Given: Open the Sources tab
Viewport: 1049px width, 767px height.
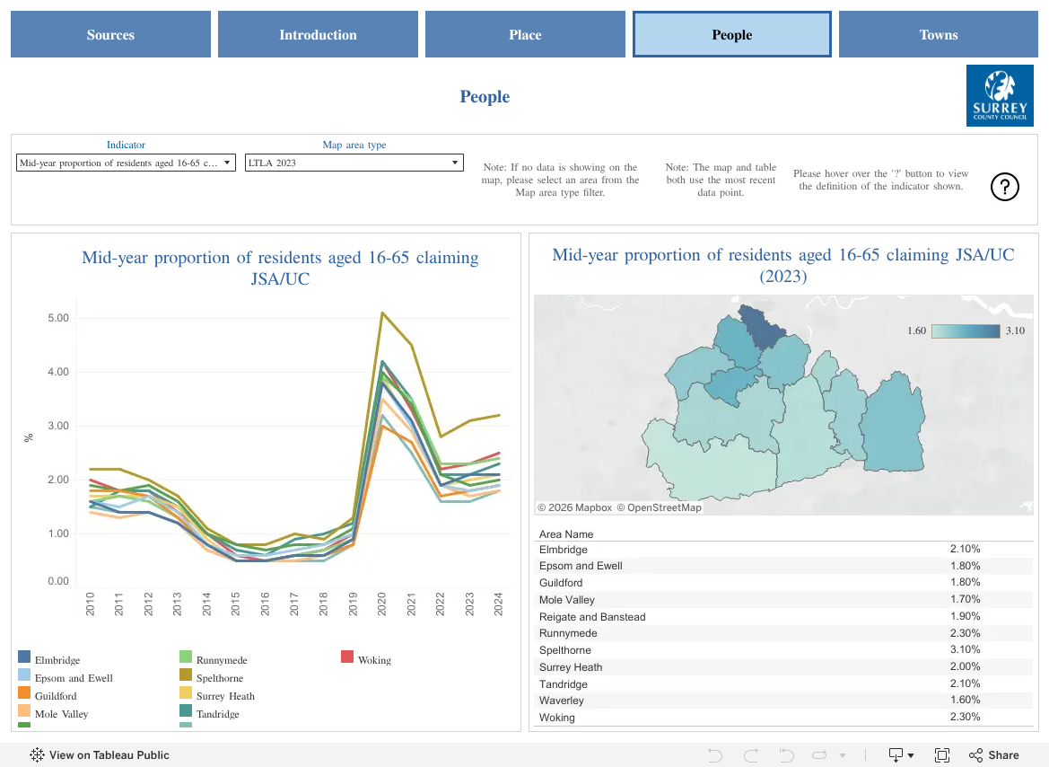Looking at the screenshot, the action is pos(110,34).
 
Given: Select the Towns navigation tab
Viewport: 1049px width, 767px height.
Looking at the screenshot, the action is pos(938,34).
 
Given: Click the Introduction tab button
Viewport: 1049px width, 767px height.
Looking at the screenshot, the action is pos(318,34).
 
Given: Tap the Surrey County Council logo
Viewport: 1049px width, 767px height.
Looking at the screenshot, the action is pos(1000,95).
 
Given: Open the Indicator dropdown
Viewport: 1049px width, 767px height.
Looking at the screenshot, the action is pos(126,163).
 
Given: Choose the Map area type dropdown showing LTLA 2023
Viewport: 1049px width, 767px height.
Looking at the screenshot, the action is pos(354,163).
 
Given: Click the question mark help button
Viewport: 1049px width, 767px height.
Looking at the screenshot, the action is pos(1004,186).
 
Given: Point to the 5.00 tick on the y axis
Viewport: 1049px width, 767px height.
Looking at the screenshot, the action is pos(58,318).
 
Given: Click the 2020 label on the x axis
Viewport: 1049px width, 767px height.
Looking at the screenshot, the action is pos(382,604).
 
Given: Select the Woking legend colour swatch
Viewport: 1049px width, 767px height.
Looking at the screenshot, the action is pos(346,657).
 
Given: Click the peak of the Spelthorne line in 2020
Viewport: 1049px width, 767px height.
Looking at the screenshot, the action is pos(382,313).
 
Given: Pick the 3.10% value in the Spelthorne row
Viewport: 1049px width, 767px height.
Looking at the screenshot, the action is pos(965,649).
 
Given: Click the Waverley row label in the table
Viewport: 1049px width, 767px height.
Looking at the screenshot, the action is pos(562,700).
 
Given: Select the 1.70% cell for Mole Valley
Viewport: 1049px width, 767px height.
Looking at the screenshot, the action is pos(965,599).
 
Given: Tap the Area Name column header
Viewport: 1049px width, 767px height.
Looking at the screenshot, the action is pos(566,533).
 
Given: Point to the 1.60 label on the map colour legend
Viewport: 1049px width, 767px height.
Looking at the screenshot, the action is pos(916,331).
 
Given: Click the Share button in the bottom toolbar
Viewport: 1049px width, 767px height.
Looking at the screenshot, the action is pos(994,755).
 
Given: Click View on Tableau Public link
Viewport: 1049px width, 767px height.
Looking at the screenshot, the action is pos(100,755).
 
